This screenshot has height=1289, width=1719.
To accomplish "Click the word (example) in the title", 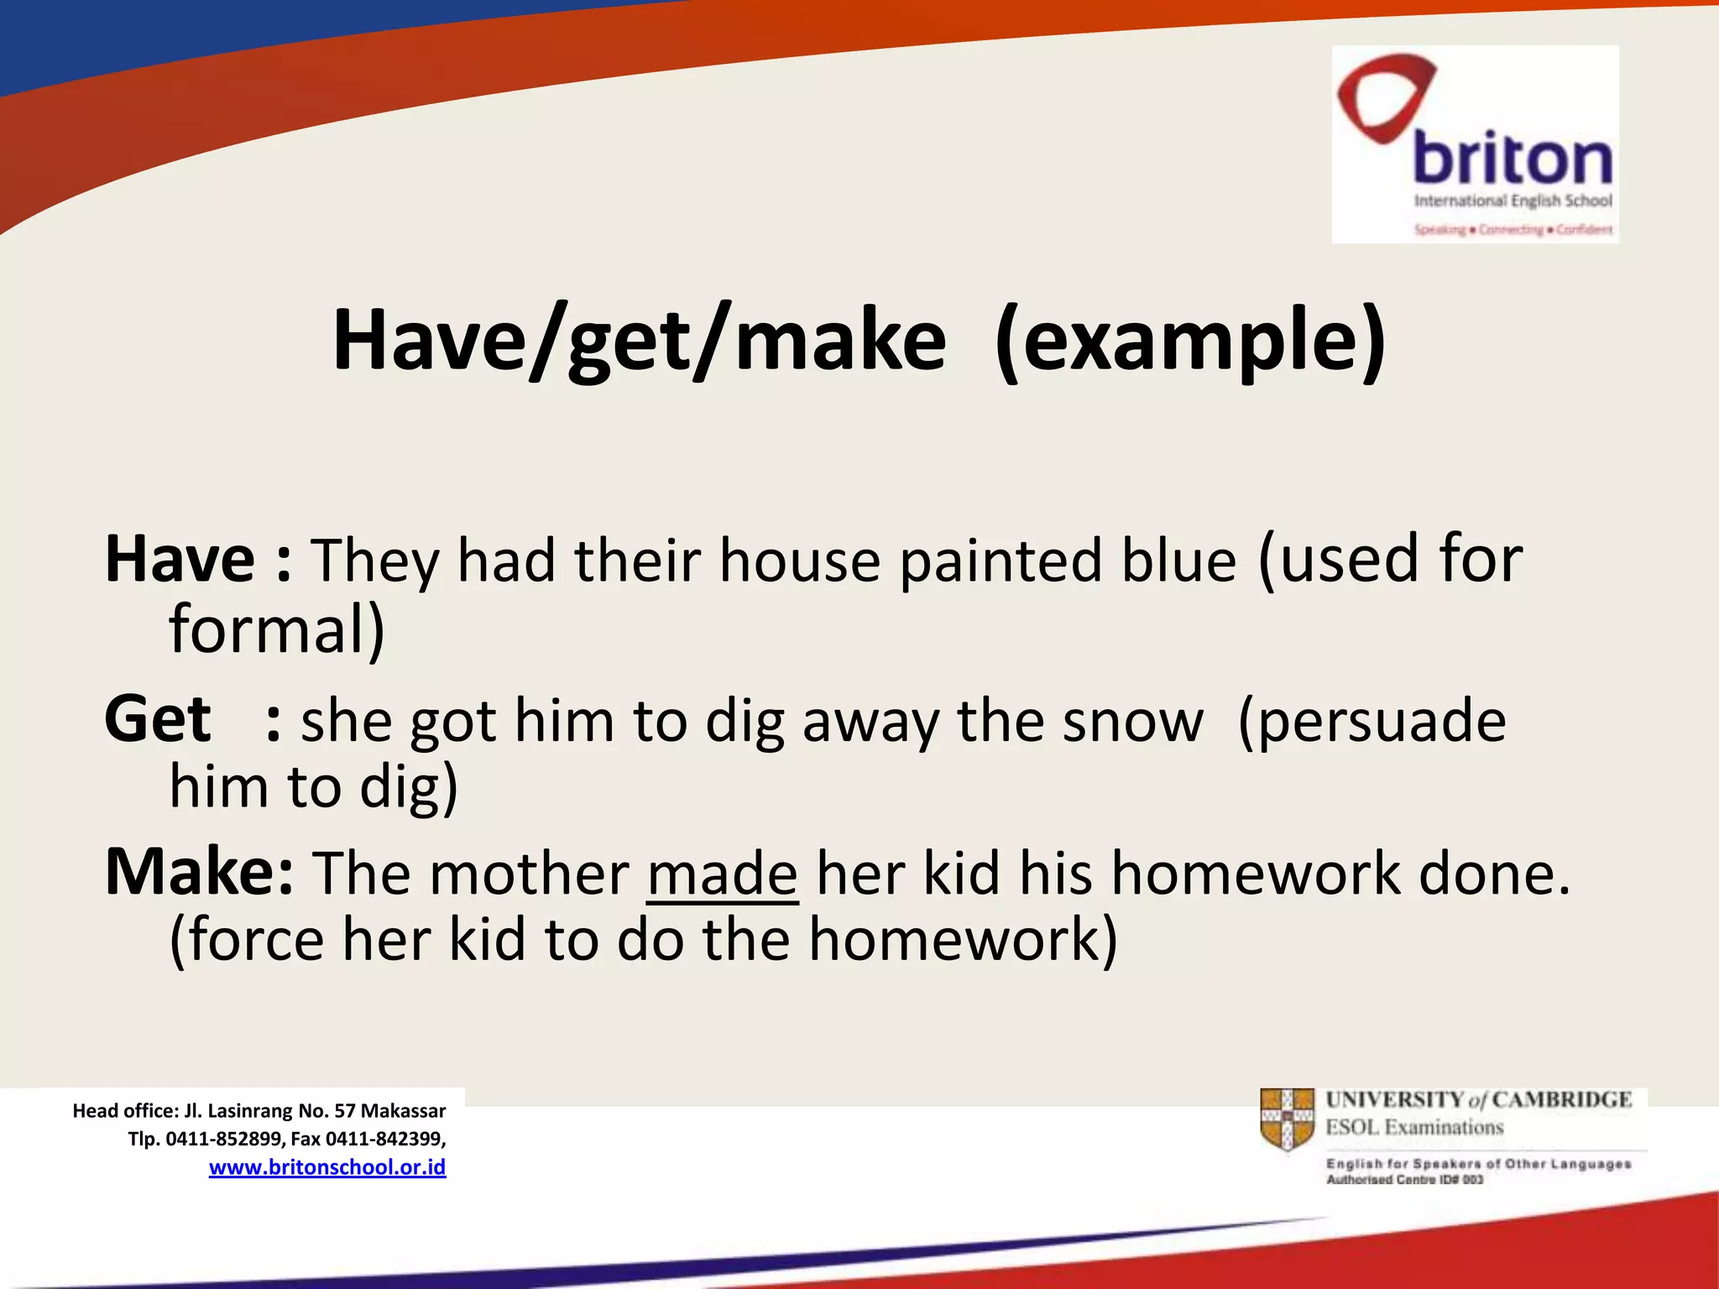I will coord(1190,340).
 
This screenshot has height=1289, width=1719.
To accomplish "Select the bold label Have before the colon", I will coord(180,560).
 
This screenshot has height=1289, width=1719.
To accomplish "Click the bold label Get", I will coord(157,720).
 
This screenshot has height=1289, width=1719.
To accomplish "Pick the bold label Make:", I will coord(199,873).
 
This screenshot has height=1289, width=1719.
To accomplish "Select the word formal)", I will coord(276,629).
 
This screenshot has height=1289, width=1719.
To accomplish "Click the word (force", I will coord(247,940).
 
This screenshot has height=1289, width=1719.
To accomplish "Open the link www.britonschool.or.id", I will coord(327,1167).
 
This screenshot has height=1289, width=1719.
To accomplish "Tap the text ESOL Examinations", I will coord(1413,1127).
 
